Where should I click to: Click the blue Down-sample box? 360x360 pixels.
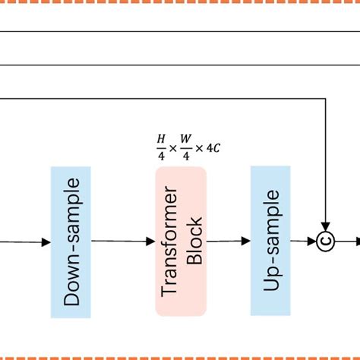click(71, 242)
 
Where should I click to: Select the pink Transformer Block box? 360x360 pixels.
click(181, 242)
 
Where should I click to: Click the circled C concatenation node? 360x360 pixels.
click(326, 242)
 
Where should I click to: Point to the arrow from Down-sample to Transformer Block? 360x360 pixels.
click(123, 242)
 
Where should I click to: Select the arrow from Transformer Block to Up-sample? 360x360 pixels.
click(229, 242)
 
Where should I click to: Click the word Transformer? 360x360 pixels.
click(170, 242)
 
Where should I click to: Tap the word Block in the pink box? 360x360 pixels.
click(194, 242)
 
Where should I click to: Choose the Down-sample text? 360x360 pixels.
click(71, 242)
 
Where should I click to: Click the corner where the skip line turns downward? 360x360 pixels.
click(326, 98)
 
